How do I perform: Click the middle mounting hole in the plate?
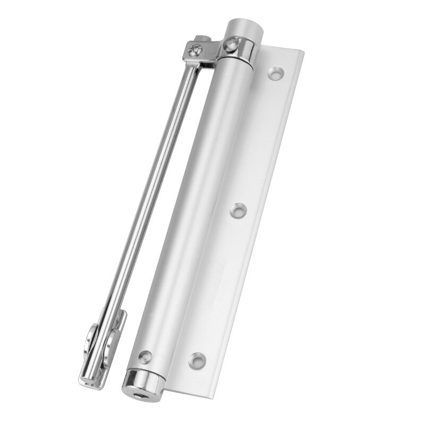237,210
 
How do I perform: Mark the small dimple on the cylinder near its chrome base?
144,353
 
